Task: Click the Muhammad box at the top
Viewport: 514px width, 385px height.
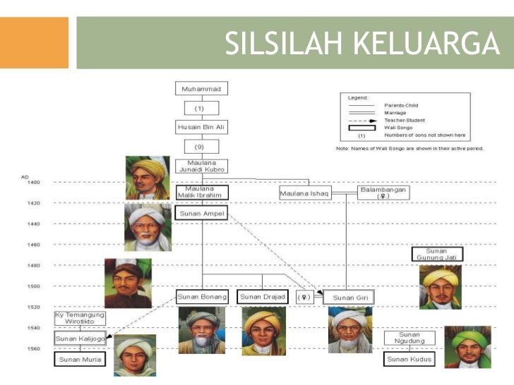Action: pos(201,89)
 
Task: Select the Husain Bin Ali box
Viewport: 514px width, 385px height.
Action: pos(201,127)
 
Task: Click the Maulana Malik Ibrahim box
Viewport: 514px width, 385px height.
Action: pos(201,192)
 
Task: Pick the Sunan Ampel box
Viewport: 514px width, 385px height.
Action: pos(201,213)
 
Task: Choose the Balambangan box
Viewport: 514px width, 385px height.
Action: pos(383,192)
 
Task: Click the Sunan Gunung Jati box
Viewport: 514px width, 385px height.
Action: pos(437,254)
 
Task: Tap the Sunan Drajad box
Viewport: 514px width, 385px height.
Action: pos(263,297)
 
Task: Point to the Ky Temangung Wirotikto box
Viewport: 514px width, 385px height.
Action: pos(80,318)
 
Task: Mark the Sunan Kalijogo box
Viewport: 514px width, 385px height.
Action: pos(80,339)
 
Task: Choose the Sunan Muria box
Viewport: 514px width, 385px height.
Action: pos(80,360)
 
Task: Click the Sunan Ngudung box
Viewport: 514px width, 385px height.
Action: pos(410,338)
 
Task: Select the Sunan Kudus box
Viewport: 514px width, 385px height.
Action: pos(410,360)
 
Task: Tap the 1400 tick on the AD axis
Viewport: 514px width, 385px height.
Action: pos(34,182)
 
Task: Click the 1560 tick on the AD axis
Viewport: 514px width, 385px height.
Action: pos(34,348)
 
